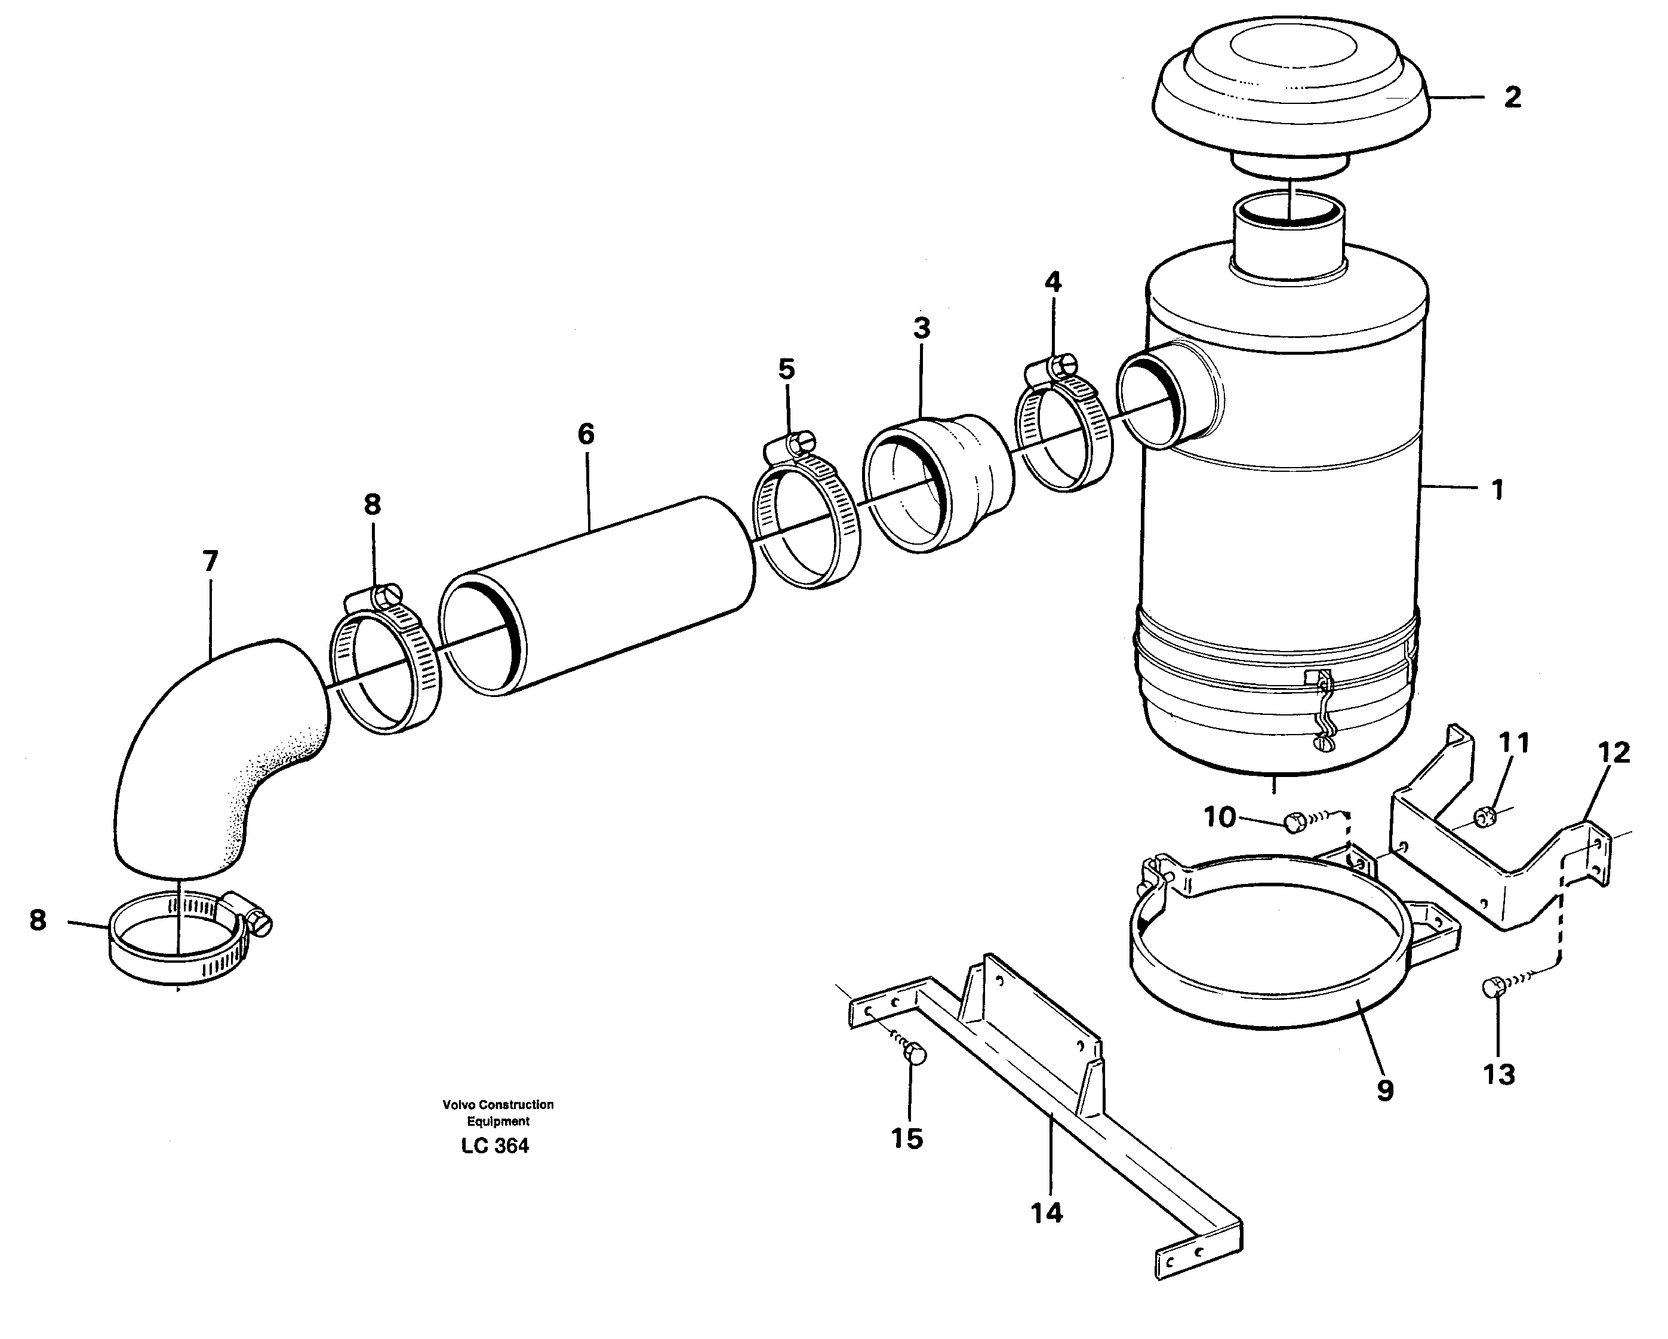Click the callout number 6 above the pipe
pos(586,434)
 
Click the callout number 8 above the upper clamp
pos(372,505)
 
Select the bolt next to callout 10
pos(1294,822)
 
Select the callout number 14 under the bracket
pos(1046,1213)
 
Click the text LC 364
pos(494,1146)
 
